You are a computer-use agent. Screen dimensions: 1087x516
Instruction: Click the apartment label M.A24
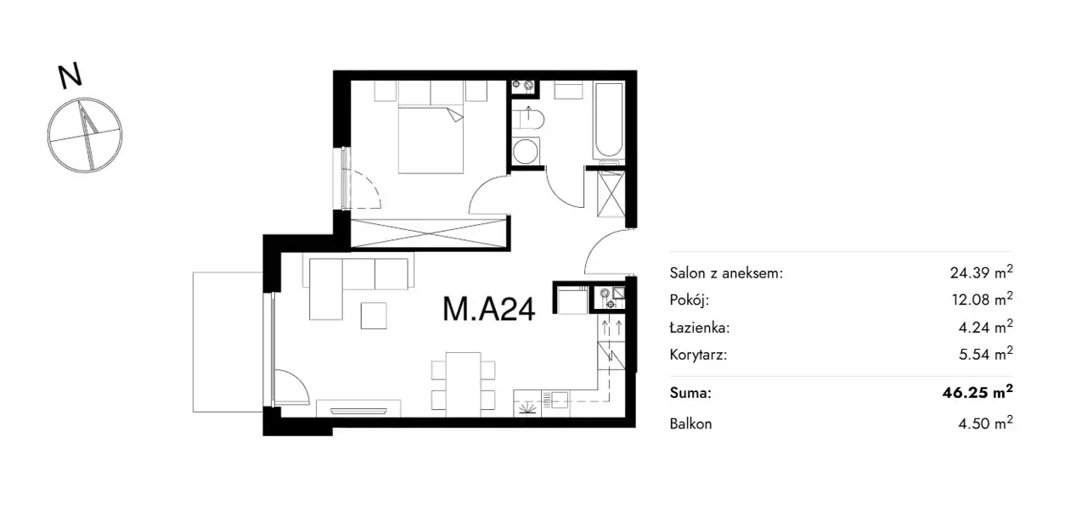[x=488, y=309]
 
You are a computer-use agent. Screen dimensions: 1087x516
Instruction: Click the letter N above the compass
[x=70, y=76]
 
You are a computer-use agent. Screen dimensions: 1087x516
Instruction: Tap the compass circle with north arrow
[x=85, y=135]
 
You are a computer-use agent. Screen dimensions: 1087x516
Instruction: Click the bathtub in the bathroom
[x=608, y=120]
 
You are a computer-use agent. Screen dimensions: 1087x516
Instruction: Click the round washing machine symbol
[x=526, y=151]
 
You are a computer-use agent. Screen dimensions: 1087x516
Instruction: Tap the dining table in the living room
[x=464, y=384]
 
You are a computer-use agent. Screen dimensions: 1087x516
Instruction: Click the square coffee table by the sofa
[x=374, y=316]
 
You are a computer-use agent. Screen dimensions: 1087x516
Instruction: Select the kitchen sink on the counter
[x=555, y=399]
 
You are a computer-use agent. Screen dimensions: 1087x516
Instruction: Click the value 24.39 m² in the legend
[x=981, y=272]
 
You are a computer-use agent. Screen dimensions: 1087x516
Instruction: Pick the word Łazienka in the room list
[x=700, y=328]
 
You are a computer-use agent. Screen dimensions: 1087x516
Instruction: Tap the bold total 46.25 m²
[x=977, y=391]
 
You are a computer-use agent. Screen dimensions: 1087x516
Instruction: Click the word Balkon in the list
[x=690, y=423]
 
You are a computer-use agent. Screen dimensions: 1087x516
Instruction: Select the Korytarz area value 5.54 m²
[x=986, y=354]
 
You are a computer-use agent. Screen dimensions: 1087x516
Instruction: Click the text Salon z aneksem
[x=726, y=273]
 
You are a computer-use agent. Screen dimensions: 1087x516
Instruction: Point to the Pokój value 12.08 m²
[x=983, y=299]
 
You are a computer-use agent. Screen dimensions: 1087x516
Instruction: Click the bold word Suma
[x=690, y=392]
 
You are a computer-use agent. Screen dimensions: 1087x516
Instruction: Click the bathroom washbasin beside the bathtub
[x=568, y=90]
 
